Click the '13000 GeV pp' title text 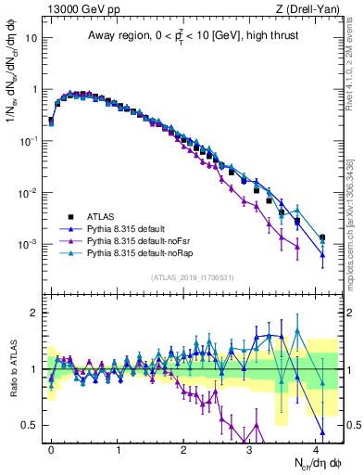77,9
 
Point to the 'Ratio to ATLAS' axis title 12,369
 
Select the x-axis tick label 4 316,447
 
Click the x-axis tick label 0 51,447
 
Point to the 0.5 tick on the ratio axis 32,425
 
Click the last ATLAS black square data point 322,237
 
